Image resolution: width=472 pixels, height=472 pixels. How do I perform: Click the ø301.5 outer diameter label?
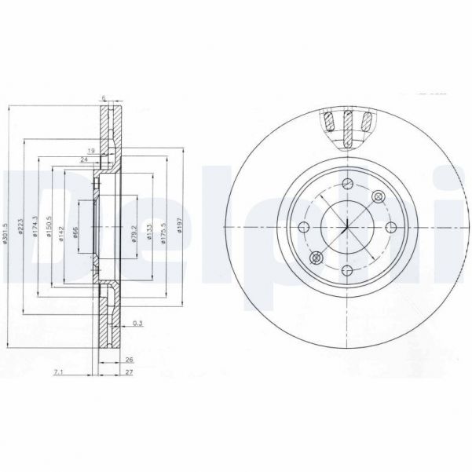click(6, 229)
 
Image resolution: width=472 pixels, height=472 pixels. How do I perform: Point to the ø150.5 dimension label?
click(49, 228)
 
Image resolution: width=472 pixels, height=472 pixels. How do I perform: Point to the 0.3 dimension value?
click(137, 322)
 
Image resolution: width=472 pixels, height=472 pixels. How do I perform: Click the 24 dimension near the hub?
click(84, 159)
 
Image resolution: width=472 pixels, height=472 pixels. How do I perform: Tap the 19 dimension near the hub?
click(91, 149)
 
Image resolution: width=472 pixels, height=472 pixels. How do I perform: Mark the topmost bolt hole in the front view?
click(346, 185)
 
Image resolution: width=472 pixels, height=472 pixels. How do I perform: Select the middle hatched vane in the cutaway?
click(347, 126)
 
